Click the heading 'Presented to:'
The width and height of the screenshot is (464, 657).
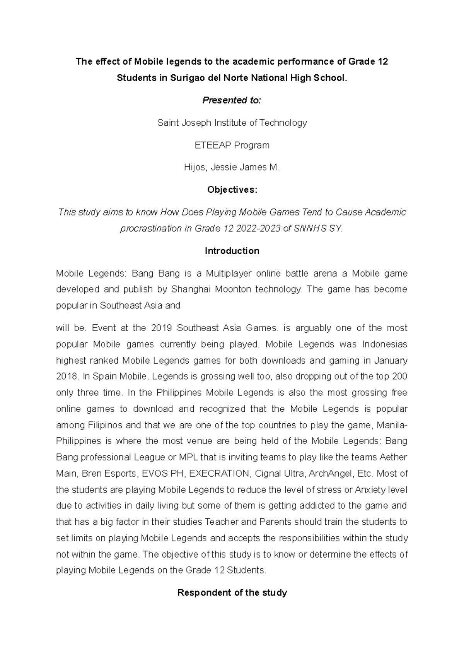point(232,101)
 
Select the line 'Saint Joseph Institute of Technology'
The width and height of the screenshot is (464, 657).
point(232,123)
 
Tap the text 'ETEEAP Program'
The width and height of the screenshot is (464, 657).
point(232,145)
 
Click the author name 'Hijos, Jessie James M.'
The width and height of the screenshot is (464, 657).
point(232,168)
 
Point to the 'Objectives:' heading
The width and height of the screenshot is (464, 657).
point(232,190)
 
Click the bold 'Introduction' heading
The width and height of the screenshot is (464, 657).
point(232,251)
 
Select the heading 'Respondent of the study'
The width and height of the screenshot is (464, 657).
point(232,593)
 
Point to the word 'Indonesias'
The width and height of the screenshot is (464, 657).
point(385,344)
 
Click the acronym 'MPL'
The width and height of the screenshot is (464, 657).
point(188,457)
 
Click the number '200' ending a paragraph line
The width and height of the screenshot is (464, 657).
point(399,376)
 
